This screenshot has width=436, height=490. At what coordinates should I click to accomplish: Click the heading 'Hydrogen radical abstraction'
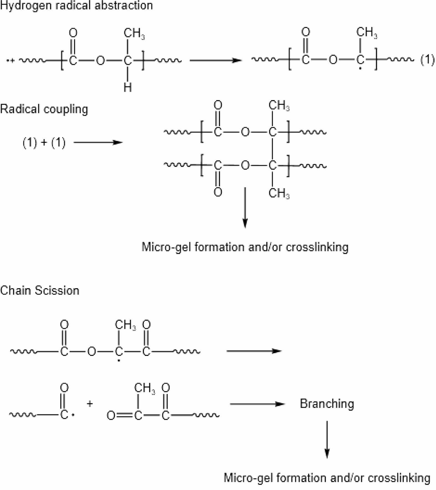click(x=76, y=5)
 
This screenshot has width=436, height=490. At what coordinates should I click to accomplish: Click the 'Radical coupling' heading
click(x=44, y=109)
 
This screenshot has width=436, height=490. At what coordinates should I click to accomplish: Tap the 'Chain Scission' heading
click(x=40, y=290)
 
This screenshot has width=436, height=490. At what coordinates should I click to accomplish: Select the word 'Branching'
click(x=327, y=404)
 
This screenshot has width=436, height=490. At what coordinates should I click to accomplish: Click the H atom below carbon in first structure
click(x=128, y=88)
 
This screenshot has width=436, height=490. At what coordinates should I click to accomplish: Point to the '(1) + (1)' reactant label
click(x=44, y=143)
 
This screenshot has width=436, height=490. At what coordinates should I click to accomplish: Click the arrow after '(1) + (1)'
click(x=98, y=143)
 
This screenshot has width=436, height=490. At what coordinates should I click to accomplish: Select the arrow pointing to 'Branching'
click(x=257, y=404)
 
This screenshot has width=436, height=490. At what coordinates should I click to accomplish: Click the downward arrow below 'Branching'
click(x=327, y=439)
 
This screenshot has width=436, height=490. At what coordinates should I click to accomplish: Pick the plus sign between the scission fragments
click(x=89, y=404)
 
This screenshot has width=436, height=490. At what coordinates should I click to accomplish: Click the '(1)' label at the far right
click(x=427, y=60)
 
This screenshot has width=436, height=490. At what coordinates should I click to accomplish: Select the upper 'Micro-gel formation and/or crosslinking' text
click(x=245, y=247)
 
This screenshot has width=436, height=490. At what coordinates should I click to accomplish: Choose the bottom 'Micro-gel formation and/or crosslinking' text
click(x=327, y=478)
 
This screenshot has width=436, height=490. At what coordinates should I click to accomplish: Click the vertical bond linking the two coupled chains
click(x=273, y=149)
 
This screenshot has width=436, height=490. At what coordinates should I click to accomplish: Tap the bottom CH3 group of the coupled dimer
click(x=278, y=193)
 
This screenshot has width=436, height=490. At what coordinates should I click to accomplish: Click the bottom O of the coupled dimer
click(x=218, y=192)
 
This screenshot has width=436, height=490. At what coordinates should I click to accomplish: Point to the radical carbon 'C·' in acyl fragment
click(x=65, y=415)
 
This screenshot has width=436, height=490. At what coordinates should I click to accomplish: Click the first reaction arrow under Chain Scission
click(x=254, y=351)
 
